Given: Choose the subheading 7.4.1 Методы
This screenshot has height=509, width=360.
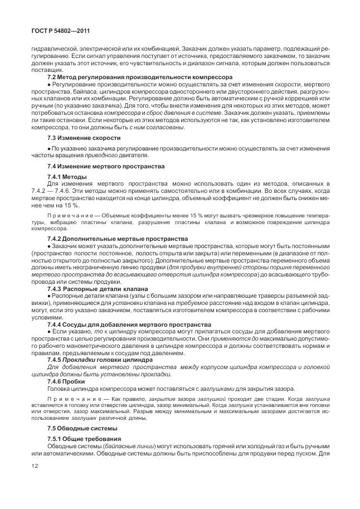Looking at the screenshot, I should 67,177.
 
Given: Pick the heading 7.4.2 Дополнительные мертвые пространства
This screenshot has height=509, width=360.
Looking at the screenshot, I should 118,239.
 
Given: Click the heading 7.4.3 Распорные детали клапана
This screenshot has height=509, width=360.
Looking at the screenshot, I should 98,289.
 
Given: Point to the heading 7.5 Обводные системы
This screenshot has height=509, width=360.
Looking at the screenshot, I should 82,428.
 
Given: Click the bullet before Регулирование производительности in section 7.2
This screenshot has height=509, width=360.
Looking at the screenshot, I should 49,83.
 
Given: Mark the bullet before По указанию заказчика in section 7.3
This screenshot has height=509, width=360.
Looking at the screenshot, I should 49,149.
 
